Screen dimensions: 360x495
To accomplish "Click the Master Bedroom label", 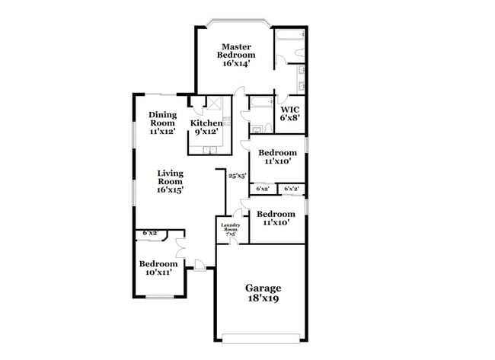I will [236, 56].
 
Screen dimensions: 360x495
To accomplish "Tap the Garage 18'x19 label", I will [263, 293].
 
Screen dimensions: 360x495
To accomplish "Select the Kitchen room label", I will [206, 127].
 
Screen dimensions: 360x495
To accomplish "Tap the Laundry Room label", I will [231, 228].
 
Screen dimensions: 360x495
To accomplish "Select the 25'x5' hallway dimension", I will [237, 176].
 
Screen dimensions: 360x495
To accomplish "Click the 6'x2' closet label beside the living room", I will [151, 233].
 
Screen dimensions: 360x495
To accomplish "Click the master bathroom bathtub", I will [289, 37].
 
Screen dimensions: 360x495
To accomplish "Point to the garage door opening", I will [263, 336].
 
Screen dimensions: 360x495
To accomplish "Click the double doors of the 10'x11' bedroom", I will [180, 248].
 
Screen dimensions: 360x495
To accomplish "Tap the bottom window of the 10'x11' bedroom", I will [160, 295].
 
